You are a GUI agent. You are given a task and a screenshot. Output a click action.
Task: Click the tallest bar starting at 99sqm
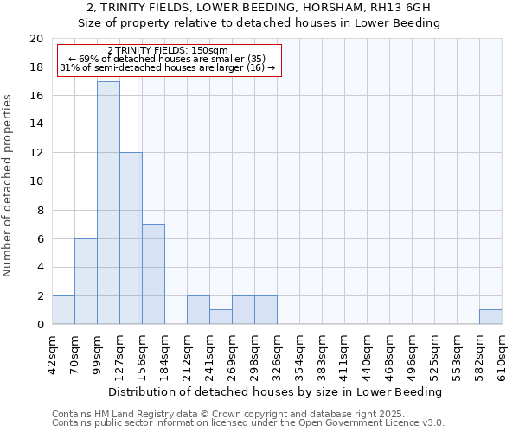[108, 203]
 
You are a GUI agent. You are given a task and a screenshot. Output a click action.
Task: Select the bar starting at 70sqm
[86, 282]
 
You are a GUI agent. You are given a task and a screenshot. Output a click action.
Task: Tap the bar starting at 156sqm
[153, 274]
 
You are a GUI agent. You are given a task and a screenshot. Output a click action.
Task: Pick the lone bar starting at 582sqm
[490, 317]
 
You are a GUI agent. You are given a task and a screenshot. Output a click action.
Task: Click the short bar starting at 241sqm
[221, 317]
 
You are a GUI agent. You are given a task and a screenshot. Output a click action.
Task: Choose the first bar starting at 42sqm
[63, 310]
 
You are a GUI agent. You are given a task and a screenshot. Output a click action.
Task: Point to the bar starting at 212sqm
[198, 310]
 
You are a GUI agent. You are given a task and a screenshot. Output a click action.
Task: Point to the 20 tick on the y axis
[36, 39]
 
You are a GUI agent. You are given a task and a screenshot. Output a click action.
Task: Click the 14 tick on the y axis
[36, 124]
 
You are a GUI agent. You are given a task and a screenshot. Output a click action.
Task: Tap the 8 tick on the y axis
[40, 210]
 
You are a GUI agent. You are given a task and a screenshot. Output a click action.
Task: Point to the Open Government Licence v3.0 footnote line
[248, 422]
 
